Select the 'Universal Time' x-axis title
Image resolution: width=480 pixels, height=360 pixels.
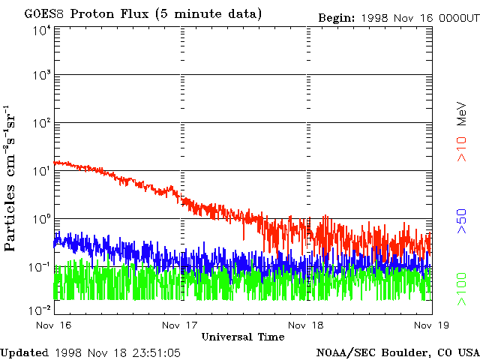tap(242, 337)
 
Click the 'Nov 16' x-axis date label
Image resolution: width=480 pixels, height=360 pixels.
tap(53, 325)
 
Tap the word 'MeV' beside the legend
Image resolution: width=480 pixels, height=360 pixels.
tap(462, 114)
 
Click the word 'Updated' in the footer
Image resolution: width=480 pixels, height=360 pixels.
tap(25, 352)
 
